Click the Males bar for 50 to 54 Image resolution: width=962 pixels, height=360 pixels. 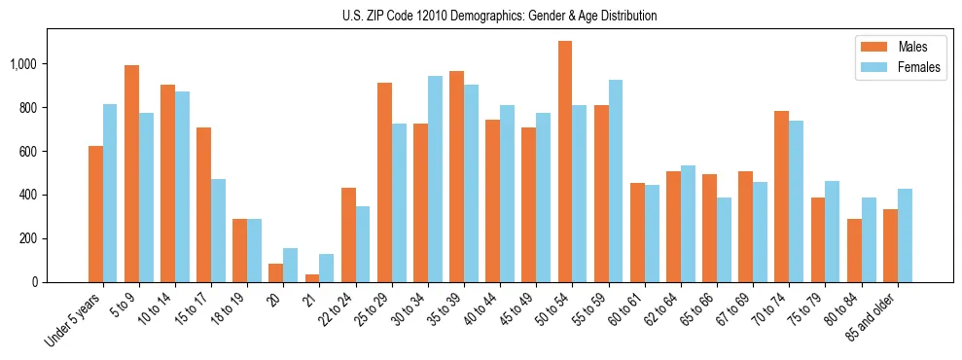tap(565, 162)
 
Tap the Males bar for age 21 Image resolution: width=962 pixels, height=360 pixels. tap(312, 278)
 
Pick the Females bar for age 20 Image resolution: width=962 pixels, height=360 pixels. tap(291, 265)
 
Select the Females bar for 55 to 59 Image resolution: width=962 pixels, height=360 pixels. tap(616, 181)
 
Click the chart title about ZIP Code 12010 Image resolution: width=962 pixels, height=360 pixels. tap(499, 16)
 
